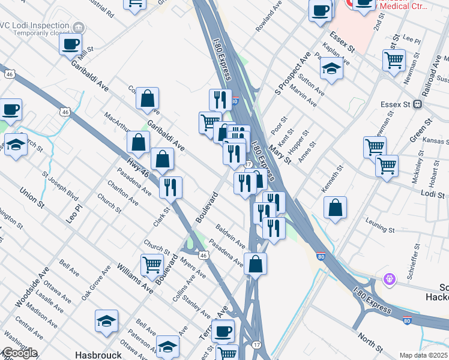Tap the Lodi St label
coord(432,195)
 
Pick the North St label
coord(370,343)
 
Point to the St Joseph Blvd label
coord(60,186)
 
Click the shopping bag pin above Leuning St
coord(336,208)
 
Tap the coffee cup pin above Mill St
coord(71,44)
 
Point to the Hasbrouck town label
coord(98,355)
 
